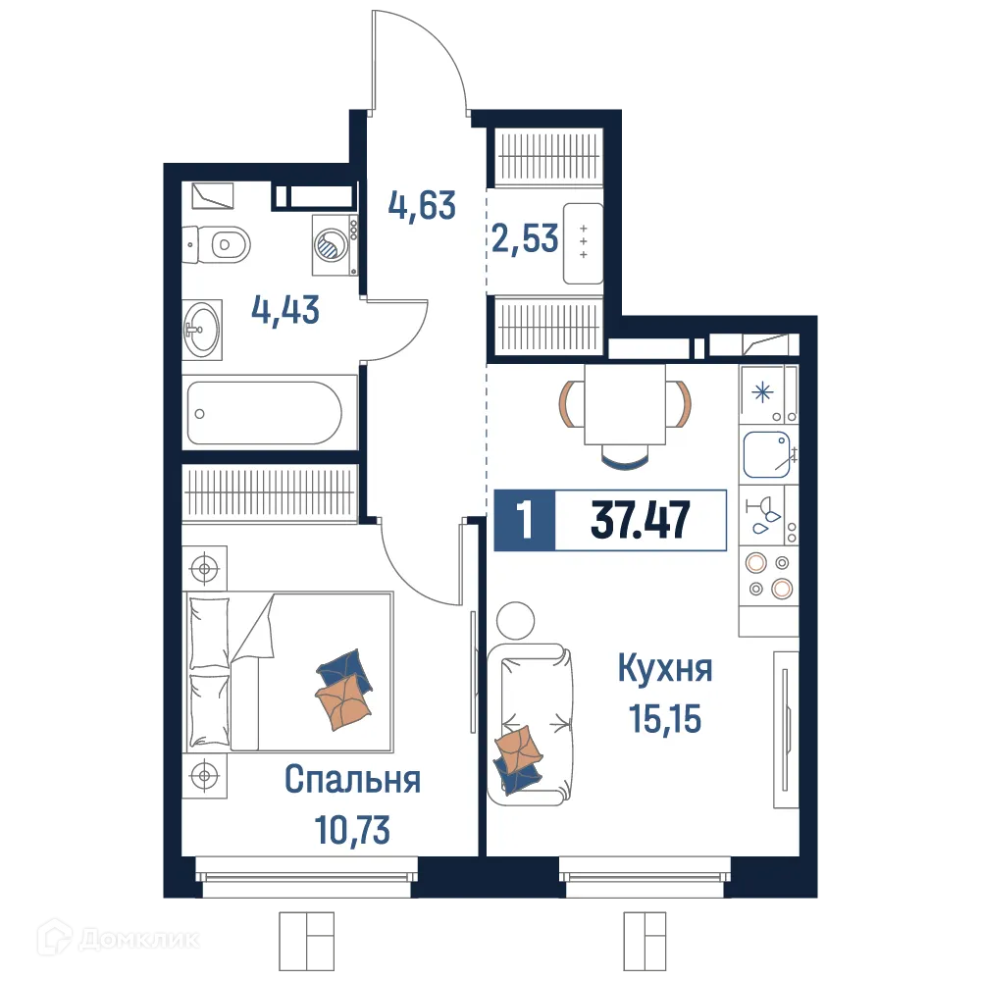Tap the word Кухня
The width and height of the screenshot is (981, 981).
[664, 670]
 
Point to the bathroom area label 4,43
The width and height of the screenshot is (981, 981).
[285, 313]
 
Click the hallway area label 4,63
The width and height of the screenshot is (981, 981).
[422, 206]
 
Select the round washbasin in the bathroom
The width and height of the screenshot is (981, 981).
[203, 331]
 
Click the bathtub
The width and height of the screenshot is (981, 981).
[265, 413]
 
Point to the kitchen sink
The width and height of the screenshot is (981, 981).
[768, 455]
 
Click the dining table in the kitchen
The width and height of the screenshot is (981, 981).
[625, 403]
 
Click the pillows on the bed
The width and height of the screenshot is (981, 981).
[210, 677]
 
